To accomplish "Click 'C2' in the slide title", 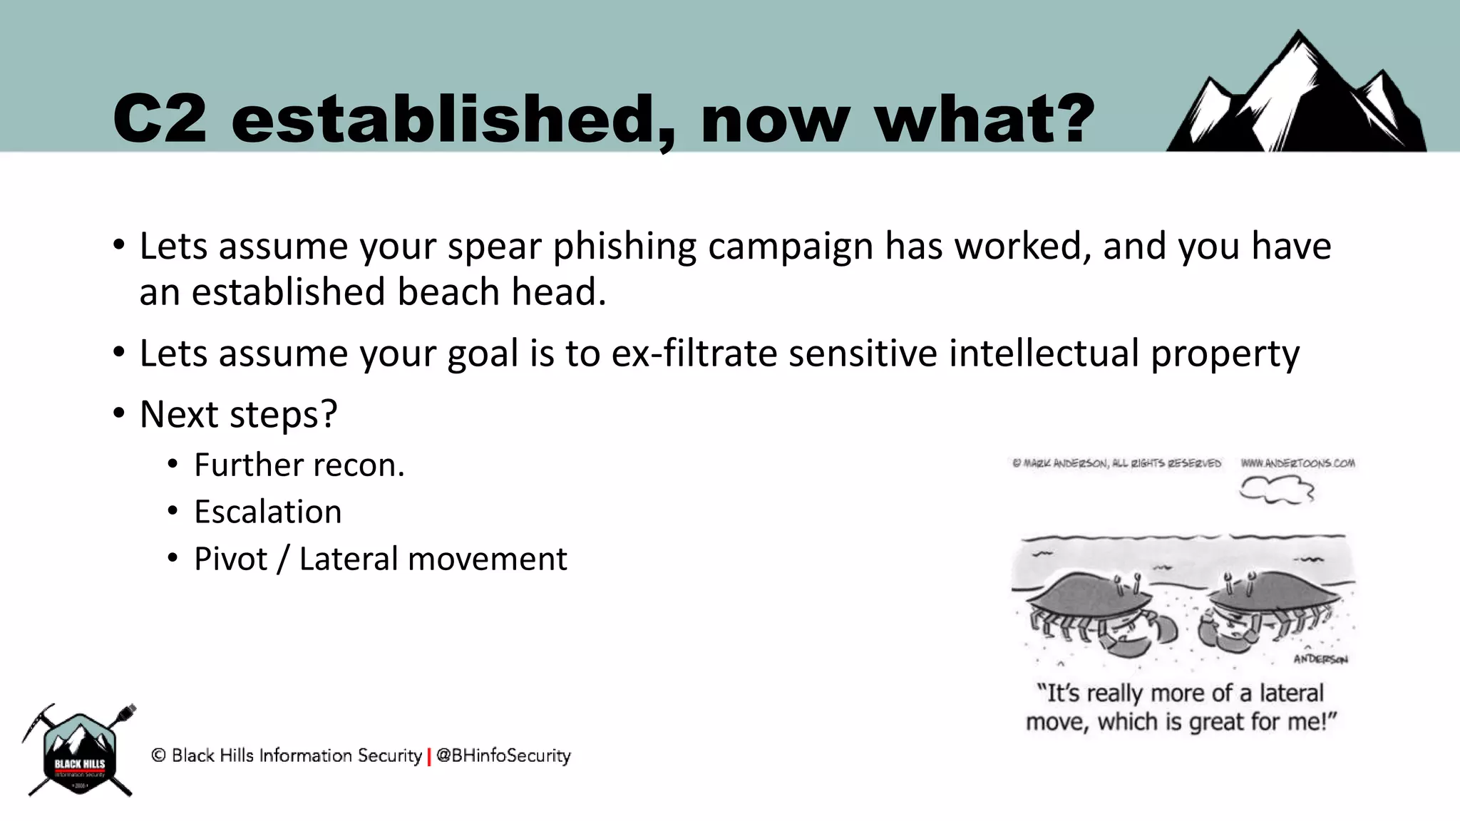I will pos(160,119).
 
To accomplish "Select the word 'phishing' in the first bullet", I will pos(624,247).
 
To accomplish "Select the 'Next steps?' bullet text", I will pos(238,415).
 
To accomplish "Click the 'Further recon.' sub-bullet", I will pos(299,465).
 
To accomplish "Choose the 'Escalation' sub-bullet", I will pos(267,512).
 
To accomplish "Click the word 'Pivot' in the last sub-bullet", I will pos(230,559).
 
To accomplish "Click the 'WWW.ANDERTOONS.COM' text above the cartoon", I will pos(1297,463).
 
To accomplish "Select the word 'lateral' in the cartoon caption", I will pos(1291,693).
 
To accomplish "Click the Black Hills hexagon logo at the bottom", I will pos(80,752).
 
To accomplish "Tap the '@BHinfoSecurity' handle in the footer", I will pos(503,755).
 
